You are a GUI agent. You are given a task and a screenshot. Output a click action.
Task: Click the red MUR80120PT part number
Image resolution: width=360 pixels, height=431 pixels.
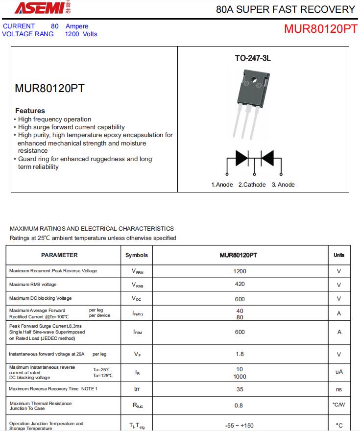pyautogui.click(x=320, y=29)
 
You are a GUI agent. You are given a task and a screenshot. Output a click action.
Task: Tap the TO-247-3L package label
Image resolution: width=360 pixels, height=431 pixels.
pyautogui.click(x=253, y=58)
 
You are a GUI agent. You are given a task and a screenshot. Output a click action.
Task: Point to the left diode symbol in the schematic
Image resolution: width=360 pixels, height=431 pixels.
pyautogui.click(x=242, y=158)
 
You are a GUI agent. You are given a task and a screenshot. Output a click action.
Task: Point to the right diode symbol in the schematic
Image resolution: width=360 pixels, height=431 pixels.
pyautogui.click(x=267, y=158)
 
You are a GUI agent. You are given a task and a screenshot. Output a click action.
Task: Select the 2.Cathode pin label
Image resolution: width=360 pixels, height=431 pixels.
pyautogui.click(x=252, y=185)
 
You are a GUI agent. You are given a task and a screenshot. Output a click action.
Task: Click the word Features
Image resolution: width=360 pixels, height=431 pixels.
pyautogui.click(x=30, y=111)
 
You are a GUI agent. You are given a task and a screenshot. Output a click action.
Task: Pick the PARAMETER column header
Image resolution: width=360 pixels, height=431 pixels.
pyautogui.click(x=59, y=255)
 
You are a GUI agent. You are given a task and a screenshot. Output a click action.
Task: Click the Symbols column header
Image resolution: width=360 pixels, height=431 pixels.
pyautogui.click(x=137, y=255)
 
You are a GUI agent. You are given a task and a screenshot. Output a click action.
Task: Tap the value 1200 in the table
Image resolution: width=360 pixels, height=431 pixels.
pyautogui.click(x=240, y=271)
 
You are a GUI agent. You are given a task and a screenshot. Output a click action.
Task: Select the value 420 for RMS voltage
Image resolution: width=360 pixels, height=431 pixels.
pyautogui.click(x=240, y=284)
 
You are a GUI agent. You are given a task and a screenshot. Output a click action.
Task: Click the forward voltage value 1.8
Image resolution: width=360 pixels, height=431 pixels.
pyautogui.click(x=240, y=354)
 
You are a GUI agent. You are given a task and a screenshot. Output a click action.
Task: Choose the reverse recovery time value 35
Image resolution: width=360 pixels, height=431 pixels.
pyautogui.click(x=240, y=389)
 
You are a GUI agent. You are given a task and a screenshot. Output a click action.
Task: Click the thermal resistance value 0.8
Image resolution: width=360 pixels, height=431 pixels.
pyautogui.click(x=239, y=406)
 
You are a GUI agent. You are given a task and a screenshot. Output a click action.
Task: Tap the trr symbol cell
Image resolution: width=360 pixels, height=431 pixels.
pyautogui.click(x=137, y=389)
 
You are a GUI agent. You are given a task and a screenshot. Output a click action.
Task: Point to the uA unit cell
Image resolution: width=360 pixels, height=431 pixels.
pyautogui.click(x=339, y=372)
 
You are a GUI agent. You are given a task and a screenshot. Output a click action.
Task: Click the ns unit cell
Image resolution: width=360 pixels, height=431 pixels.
pyautogui.click(x=339, y=389)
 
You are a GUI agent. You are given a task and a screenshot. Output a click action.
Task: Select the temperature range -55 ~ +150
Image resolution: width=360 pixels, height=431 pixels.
pyautogui.click(x=239, y=425)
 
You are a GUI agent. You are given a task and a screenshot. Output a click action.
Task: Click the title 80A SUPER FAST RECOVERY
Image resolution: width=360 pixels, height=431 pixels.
pyautogui.click(x=285, y=9)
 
